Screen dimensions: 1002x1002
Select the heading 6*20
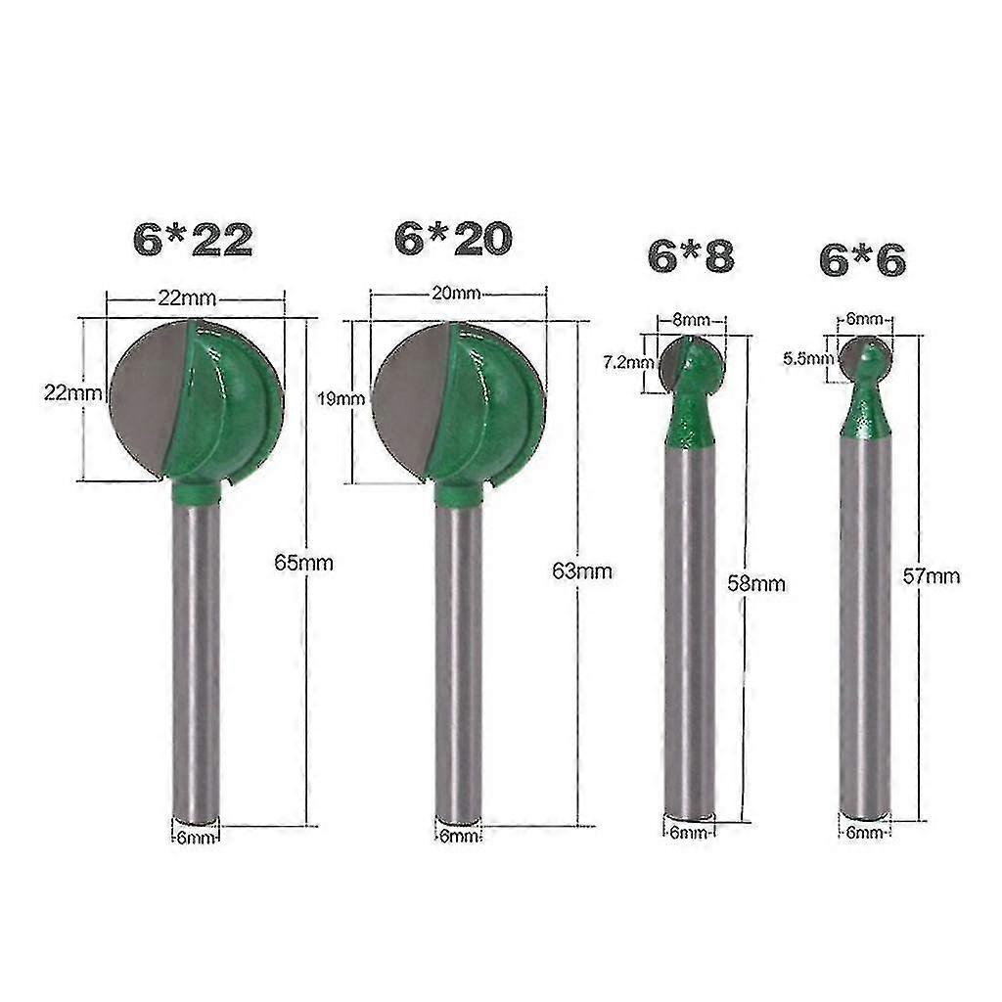click(453, 238)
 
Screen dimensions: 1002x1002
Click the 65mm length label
click(306, 564)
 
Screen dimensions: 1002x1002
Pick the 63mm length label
click(583, 571)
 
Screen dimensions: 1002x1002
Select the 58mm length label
click(758, 583)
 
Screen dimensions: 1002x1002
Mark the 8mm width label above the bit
click(691, 320)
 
